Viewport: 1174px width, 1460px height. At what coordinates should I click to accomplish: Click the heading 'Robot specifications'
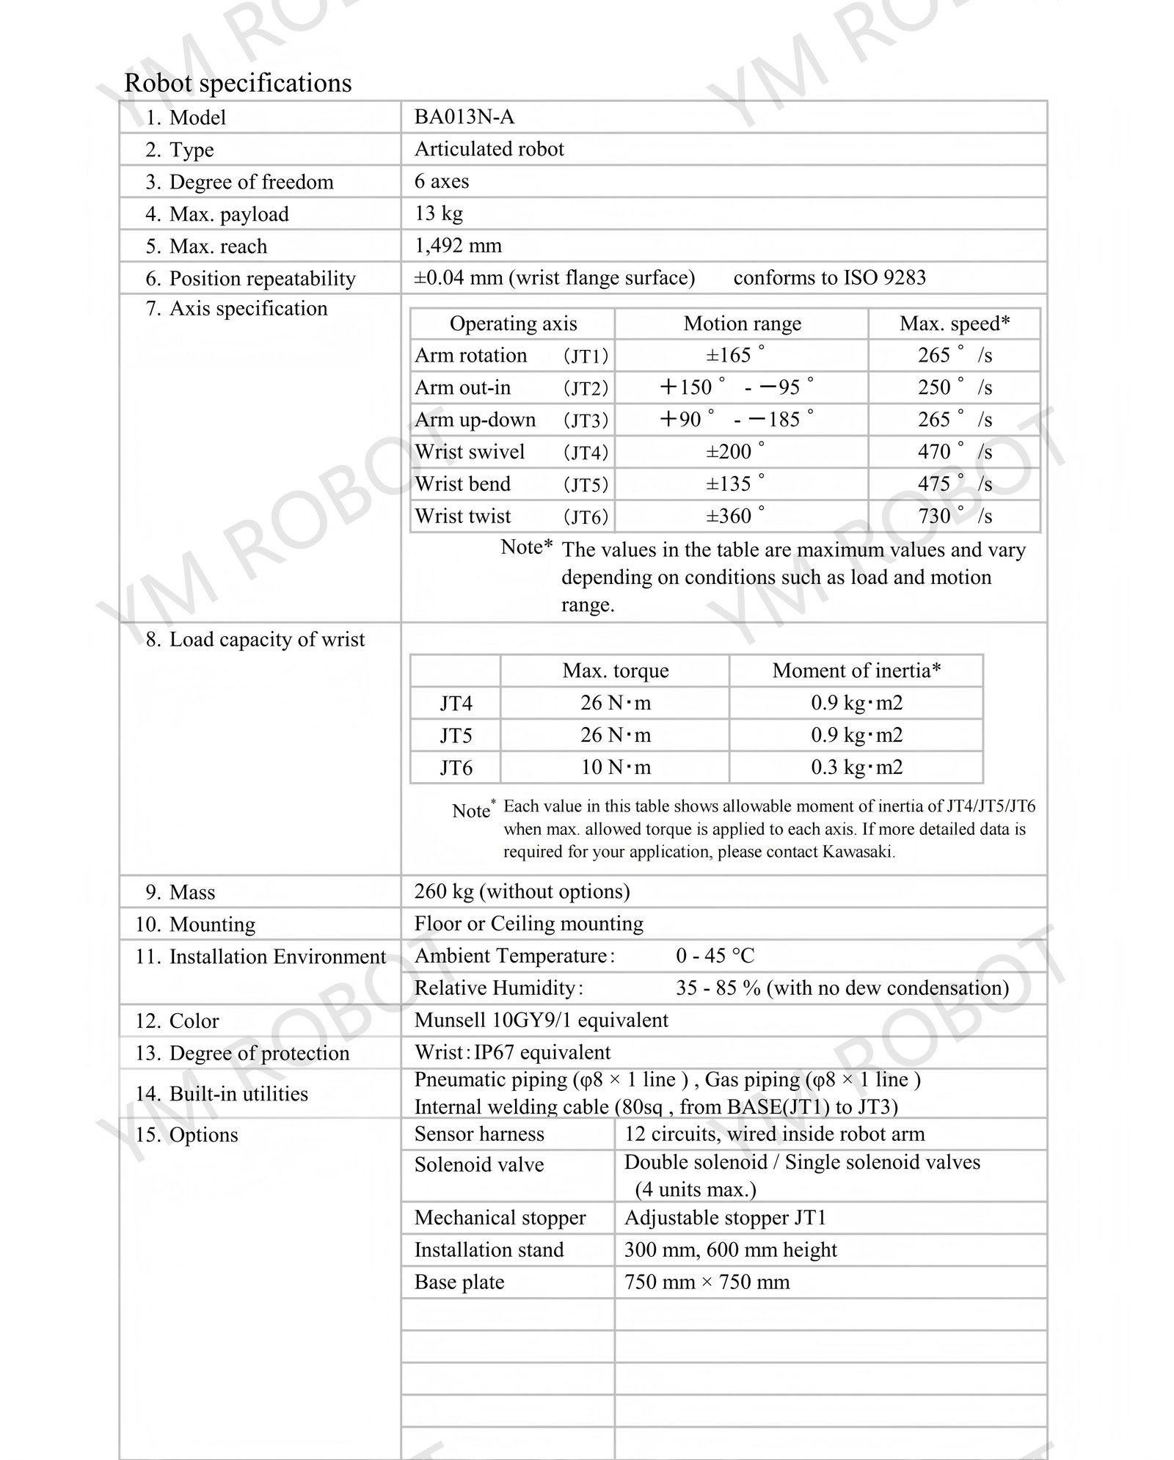[238, 83]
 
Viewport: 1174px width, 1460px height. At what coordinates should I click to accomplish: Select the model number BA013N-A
[464, 117]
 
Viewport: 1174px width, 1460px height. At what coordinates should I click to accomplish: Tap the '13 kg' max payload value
[438, 213]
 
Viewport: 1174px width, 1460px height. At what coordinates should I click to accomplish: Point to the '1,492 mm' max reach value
[458, 246]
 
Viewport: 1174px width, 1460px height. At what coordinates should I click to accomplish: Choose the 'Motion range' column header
[742, 324]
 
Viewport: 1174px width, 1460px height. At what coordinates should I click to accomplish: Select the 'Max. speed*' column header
[955, 324]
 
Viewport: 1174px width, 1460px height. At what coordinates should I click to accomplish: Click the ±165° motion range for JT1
[734, 356]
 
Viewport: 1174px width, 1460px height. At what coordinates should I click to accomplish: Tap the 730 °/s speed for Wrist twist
[954, 517]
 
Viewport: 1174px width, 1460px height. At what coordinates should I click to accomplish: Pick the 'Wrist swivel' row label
[470, 452]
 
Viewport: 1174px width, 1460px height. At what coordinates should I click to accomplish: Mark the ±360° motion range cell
[734, 517]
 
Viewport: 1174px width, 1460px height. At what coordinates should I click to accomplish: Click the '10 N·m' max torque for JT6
[615, 767]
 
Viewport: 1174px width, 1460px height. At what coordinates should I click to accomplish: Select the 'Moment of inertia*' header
[856, 671]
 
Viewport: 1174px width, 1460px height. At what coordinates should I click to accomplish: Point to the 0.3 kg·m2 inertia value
[856, 767]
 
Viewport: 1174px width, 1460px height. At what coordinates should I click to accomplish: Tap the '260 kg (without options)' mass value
[522, 891]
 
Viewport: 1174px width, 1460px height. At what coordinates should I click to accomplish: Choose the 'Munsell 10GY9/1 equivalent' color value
[541, 1021]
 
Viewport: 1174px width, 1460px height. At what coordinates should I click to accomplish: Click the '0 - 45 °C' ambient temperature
[715, 956]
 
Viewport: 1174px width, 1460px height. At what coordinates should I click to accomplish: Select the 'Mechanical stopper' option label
[500, 1218]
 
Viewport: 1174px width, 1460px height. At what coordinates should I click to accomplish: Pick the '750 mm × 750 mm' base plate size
[707, 1282]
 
